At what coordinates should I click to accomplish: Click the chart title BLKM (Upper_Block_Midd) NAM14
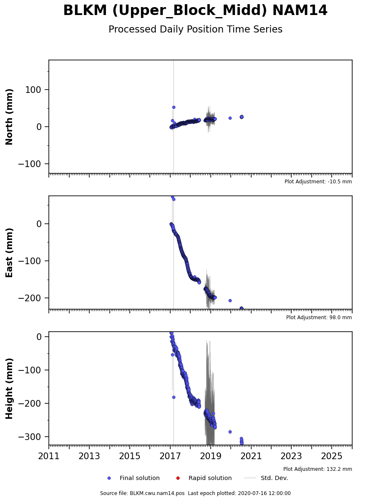[195, 10]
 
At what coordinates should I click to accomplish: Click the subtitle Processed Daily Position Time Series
[195, 30]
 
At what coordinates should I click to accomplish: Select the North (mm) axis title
[9, 117]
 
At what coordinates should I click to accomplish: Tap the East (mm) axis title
[9, 252]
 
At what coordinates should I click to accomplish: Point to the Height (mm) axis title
[9, 389]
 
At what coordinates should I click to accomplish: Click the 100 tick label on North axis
[33, 90]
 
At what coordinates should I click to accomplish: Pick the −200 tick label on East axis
[30, 298]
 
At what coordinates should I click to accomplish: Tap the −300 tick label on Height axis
[30, 437]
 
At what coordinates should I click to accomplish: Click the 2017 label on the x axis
[170, 456]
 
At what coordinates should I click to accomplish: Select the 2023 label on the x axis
[291, 456]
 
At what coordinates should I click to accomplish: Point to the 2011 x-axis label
[49, 456]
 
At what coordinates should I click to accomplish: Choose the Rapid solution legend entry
[204, 478]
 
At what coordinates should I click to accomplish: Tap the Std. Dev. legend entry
[266, 478]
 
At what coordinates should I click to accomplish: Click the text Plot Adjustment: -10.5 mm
[318, 182]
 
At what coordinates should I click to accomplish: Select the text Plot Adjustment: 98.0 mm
[319, 317]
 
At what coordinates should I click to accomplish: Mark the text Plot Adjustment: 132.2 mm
[318, 469]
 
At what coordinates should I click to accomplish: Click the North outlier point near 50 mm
[174, 107]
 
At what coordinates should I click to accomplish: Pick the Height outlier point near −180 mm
[174, 397]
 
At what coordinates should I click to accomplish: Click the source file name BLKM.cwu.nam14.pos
[157, 493]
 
